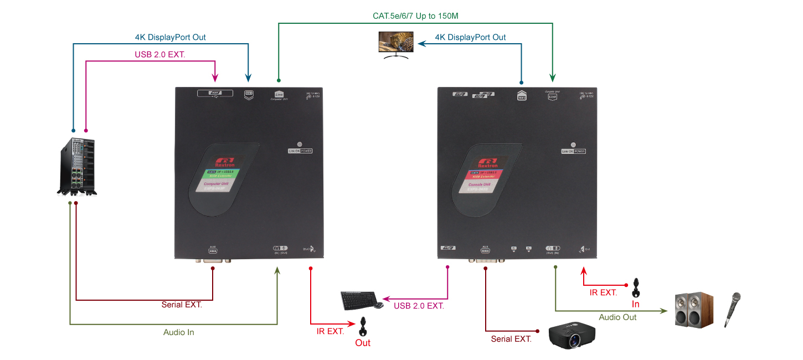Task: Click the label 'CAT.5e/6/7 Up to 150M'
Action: coord(415,16)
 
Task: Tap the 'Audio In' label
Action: coord(178,332)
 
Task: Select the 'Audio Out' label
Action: coord(617,317)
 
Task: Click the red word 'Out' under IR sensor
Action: coord(363,343)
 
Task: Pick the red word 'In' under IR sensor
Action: coord(636,304)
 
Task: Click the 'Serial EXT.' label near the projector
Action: coord(511,339)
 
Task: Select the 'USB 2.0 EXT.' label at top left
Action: coord(160,55)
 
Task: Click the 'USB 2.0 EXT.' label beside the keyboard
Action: coord(419,305)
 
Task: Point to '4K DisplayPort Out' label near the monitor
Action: coord(470,37)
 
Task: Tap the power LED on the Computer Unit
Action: coord(300,143)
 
